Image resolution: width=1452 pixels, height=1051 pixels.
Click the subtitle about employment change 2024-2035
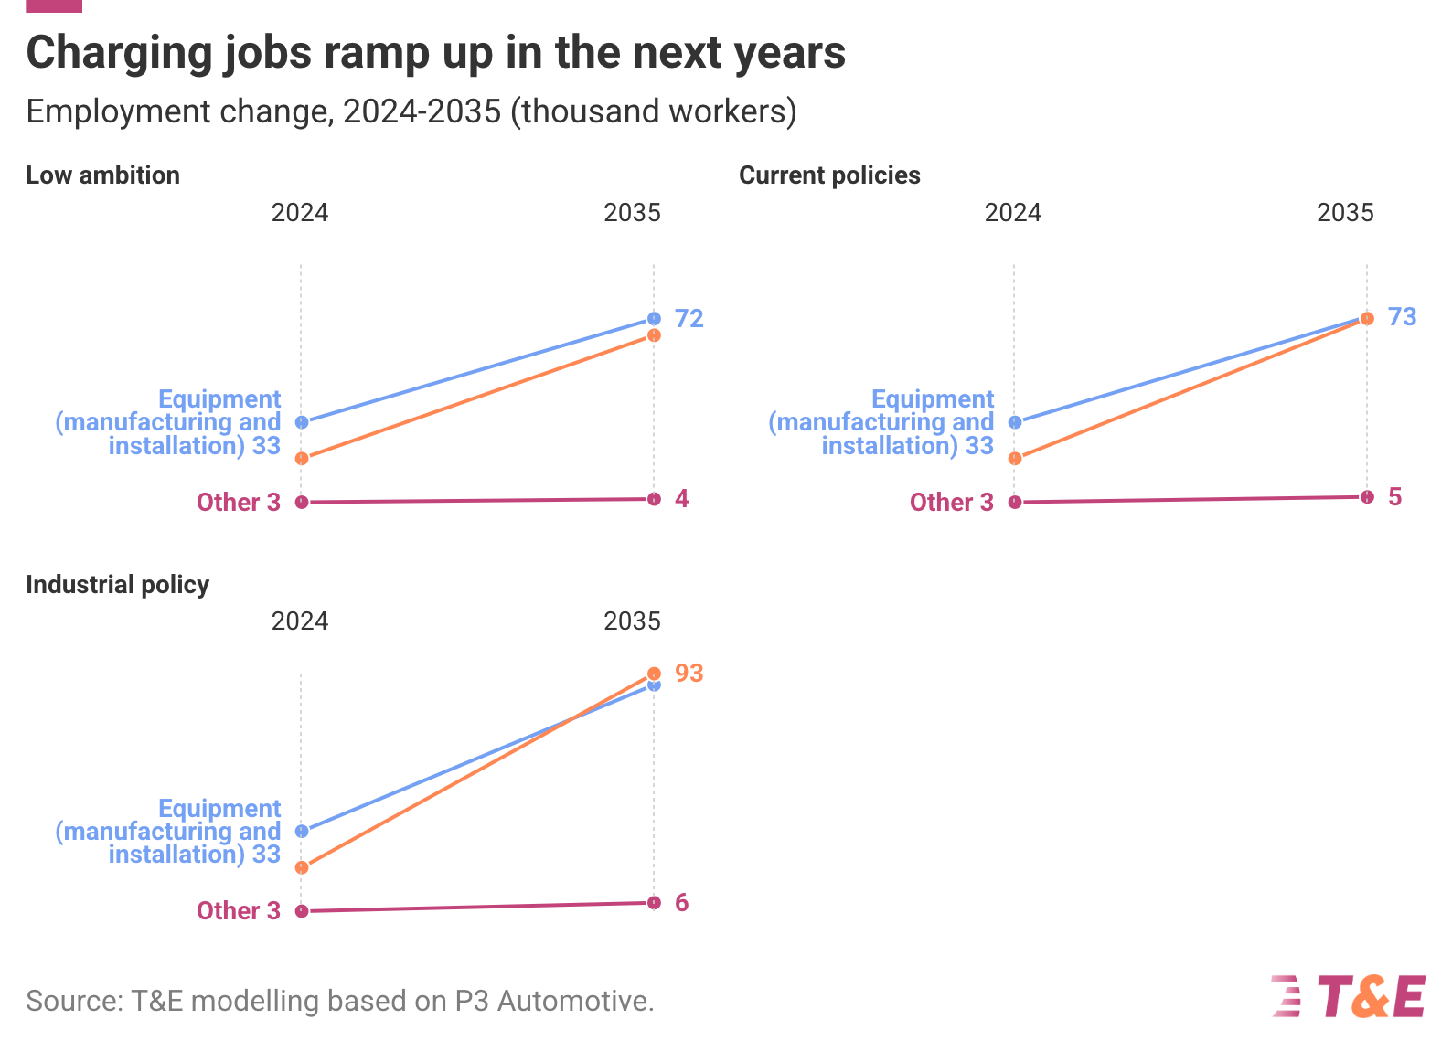tap(411, 111)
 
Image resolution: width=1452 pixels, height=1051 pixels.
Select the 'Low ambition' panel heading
tap(102, 175)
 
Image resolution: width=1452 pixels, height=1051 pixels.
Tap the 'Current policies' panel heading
tap(829, 175)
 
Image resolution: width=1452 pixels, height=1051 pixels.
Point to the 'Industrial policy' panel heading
tap(117, 585)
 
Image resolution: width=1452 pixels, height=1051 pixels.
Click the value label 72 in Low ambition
tap(689, 318)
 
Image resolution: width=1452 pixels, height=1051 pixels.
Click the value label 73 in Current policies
tap(1402, 317)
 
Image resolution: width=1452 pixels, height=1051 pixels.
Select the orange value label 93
tap(689, 673)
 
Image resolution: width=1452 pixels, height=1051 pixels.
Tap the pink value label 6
tap(681, 903)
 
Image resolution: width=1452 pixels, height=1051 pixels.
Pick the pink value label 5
tap(1394, 497)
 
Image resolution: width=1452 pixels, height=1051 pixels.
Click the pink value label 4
tap(681, 498)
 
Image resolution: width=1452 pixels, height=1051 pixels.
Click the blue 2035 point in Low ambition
tap(654, 319)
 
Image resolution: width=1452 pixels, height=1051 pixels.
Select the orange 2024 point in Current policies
tap(1015, 459)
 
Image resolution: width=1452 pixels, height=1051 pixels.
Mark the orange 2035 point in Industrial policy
tap(654, 674)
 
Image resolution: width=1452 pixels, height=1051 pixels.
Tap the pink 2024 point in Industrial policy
tap(302, 911)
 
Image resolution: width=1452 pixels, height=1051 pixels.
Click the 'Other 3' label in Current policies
tap(951, 502)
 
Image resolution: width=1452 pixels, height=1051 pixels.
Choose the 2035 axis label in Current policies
tap(1345, 213)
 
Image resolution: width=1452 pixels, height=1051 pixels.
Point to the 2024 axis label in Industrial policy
tap(300, 621)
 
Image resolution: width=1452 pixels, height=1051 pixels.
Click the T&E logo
tap(1349, 996)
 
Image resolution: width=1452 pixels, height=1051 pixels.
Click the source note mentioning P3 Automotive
tap(339, 1001)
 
